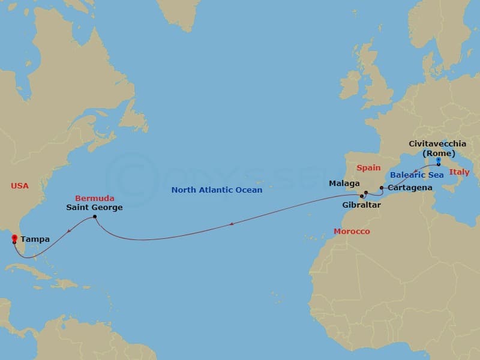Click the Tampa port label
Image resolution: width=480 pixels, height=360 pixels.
35,239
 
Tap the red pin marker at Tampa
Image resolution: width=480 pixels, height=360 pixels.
14,239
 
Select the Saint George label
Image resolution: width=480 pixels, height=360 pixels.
95,208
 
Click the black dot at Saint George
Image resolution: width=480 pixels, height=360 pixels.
95,217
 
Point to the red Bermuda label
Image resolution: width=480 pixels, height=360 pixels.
95,198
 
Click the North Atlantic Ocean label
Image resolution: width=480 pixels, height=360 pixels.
217,190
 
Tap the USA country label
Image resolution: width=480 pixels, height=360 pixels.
20,186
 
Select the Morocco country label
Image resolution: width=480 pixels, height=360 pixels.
352,231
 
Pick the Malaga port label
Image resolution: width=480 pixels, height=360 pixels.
344,183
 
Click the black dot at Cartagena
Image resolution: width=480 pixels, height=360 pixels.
382,188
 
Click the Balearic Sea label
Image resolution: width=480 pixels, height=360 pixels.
417,175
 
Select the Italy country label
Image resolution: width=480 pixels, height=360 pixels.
460,172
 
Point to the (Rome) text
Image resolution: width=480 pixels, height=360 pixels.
439,153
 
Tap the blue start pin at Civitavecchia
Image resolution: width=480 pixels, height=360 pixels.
439,161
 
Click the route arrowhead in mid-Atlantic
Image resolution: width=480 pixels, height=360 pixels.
232,225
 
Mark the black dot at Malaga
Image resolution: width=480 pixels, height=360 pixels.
365,193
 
